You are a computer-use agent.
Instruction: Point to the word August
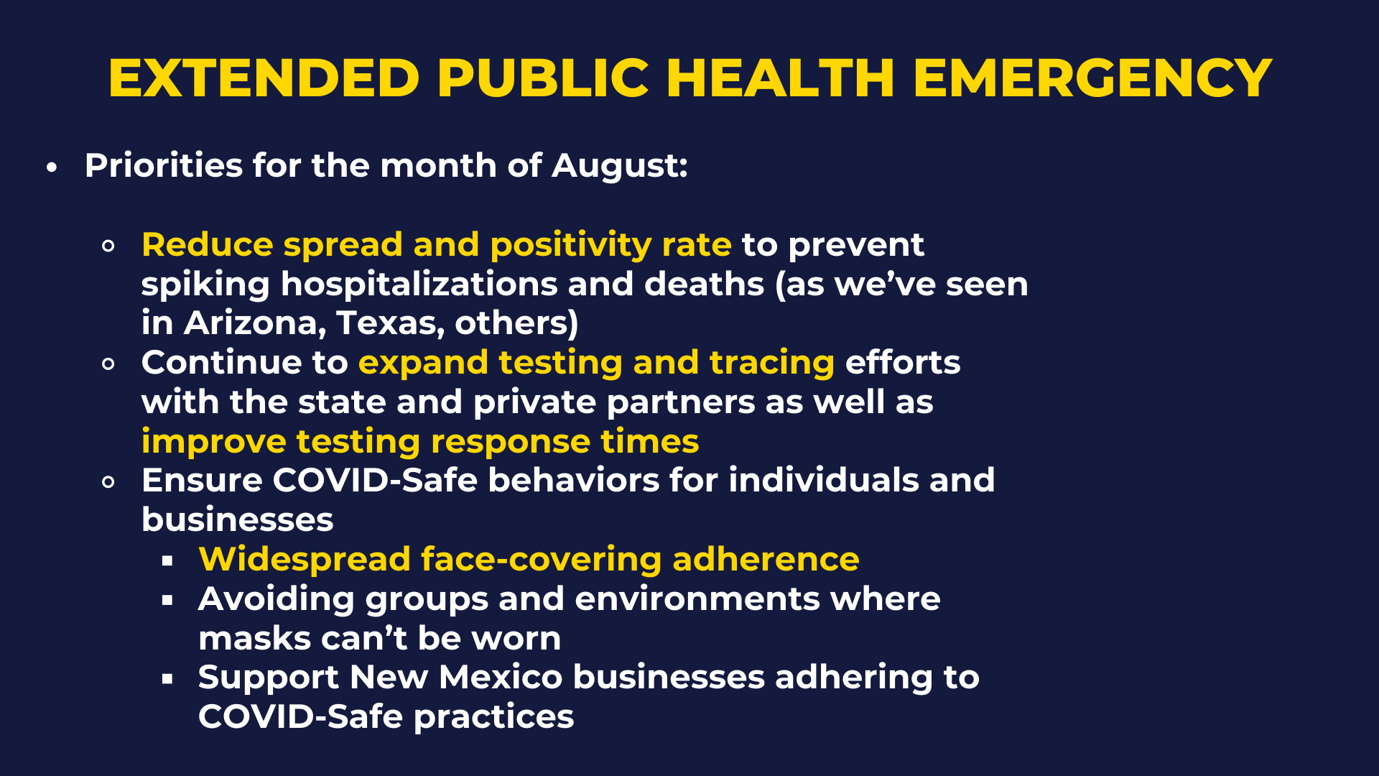(x=620, y=166)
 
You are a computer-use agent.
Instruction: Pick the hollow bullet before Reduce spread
(x=108, y=246)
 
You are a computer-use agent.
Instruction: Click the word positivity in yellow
(x=570, y=246)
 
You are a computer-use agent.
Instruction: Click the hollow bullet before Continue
(x=108, y=364)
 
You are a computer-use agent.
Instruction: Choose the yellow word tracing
(x=772, y=363)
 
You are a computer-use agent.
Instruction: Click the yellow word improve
(x=213, y=442)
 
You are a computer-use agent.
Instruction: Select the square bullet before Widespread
(x=167, y=561)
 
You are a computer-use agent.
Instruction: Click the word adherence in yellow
(x=766, y=559)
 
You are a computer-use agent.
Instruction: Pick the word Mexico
(x=501, y=678)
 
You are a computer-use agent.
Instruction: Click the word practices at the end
(x=494, y=717)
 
